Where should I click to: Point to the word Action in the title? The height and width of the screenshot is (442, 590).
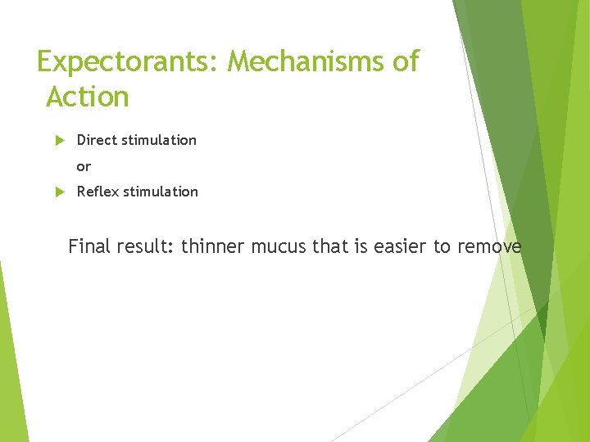coord(88,97)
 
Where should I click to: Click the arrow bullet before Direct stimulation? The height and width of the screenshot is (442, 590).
coord(59,140)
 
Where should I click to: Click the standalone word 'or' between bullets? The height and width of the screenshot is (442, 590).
coord(84,166)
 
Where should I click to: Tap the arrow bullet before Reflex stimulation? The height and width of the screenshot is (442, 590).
coord(59,192)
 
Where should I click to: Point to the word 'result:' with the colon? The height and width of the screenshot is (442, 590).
coord(147,246)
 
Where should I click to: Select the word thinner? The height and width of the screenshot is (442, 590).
coord(212,246)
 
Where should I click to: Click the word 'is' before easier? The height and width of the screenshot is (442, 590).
coord(361,246)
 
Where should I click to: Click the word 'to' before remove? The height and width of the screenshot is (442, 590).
coord(442,246)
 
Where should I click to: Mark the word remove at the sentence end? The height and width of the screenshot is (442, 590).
coord(489,246)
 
